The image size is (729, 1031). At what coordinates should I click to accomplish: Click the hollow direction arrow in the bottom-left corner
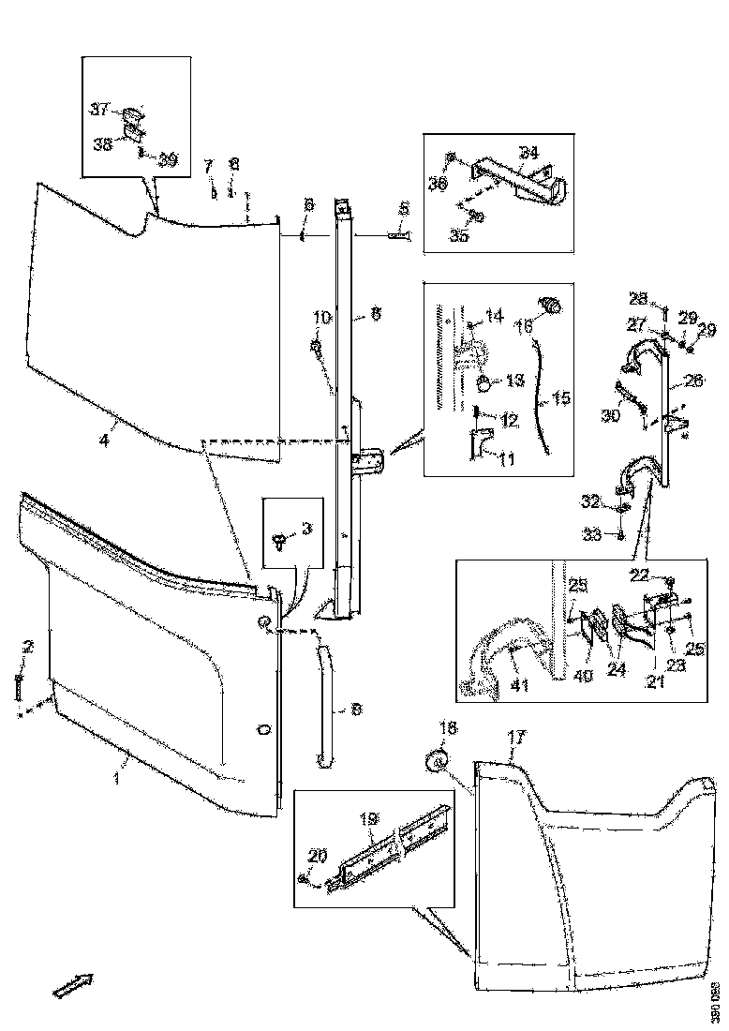[x=73, y=984]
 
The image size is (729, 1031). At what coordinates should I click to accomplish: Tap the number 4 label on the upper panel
[x=104, y=439]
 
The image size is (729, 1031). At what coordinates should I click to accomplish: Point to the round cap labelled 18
[x=435, y=762]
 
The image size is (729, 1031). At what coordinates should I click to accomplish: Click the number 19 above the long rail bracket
[x=368, y=818]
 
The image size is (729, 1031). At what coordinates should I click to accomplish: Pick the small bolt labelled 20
[x=306, y=878]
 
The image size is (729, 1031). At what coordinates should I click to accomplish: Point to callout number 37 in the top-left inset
[x=100, y=110]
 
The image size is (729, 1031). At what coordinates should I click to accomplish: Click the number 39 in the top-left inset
[x=167, y=159]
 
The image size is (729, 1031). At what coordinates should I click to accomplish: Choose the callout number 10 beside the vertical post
[x=321, y=319]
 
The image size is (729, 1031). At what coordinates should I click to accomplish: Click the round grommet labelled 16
[x=550, y=305]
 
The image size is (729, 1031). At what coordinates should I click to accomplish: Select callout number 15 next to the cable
[x=560, y=398]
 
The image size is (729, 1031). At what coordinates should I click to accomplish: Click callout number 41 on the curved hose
[x=519, y=684]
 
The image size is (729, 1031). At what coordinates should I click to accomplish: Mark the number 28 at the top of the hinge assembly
[x=638, y=298]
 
